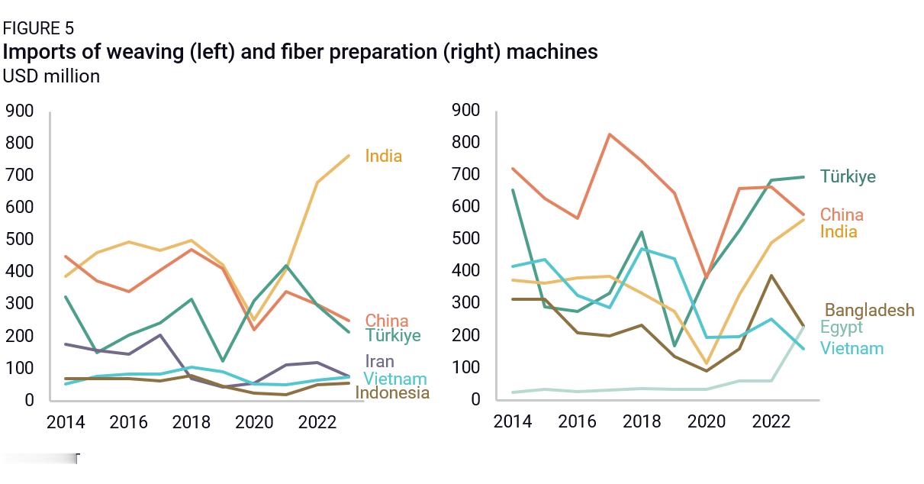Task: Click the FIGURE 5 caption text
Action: pos(38,29)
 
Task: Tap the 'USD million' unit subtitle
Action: pos(51,76)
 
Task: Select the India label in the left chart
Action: pos(383,156)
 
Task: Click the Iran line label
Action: pos(379,361)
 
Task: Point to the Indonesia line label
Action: pos(392,393)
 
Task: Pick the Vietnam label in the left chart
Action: pos(394,379)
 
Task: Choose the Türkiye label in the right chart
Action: pos(848,176)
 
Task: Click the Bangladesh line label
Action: pos(869,310)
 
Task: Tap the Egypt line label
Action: pos(841,328)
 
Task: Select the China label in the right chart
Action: pos(842,215)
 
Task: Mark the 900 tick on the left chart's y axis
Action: pos(20,111)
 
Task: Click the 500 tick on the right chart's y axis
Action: pos(466,238)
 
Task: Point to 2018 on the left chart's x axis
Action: pos(191,422)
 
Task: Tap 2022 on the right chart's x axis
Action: pos(771,421)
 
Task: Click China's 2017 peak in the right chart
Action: pos(610,134)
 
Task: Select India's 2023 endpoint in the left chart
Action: pos(349,156)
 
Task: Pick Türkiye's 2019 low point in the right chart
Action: pos(674,346)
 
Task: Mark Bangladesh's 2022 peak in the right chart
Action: pos(771,276)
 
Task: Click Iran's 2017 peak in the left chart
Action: pos(159,334)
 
